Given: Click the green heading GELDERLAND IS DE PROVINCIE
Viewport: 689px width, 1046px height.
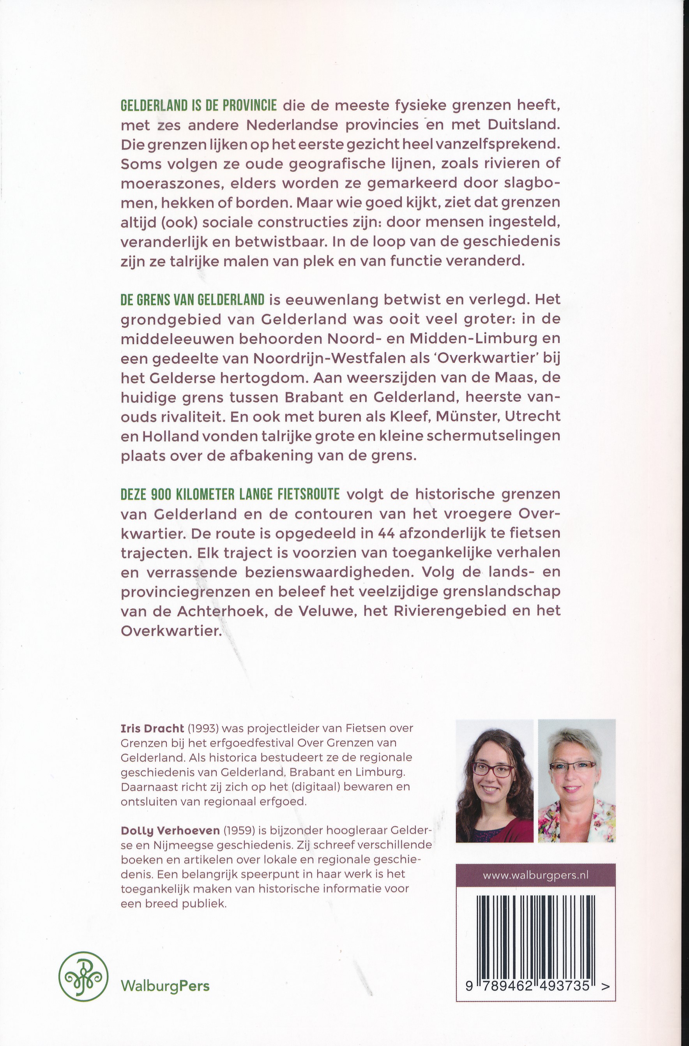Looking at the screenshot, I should click(198, 106).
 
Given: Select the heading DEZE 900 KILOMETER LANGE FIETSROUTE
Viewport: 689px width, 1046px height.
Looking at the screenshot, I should click(230, 494).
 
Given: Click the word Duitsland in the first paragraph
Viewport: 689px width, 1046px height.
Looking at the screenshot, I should click(523, 125).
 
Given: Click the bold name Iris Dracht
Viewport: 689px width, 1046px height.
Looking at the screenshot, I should click(152, 728).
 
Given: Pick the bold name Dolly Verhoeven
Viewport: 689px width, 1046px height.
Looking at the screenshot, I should click(170, 830).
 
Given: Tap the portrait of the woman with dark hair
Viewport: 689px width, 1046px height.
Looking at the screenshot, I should click(494, 781).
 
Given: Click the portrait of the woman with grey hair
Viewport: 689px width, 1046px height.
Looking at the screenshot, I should click(576, 781).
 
